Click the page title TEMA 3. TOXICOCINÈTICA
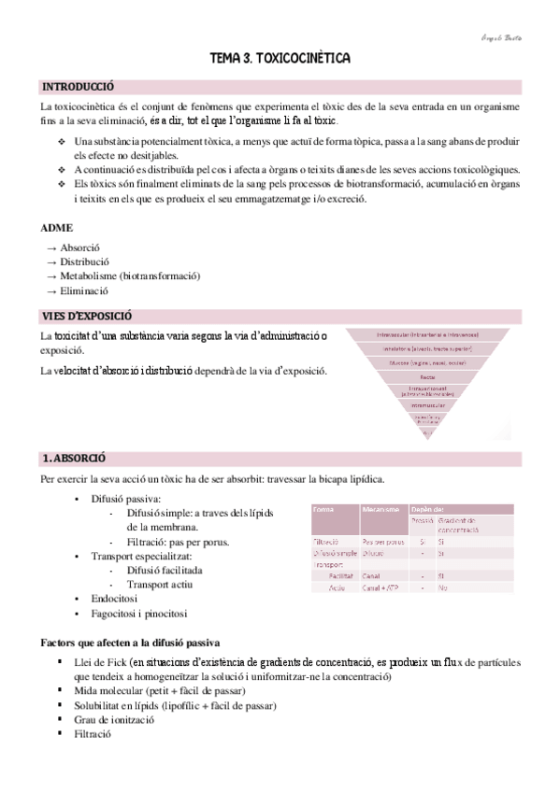[x=280, y=59]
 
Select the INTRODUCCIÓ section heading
[x=79, y=87]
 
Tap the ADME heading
[x=57, y=227]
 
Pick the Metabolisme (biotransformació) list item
[x=130, y=276]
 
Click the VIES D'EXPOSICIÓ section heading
[x=88, y=316]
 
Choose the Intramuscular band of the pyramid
[x=427, y=405]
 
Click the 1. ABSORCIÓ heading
[x=74, y=459]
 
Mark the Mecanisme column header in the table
[x=380, y=510]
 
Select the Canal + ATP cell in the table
[x=381, y=587]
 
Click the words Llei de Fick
[x=99, y=661]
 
